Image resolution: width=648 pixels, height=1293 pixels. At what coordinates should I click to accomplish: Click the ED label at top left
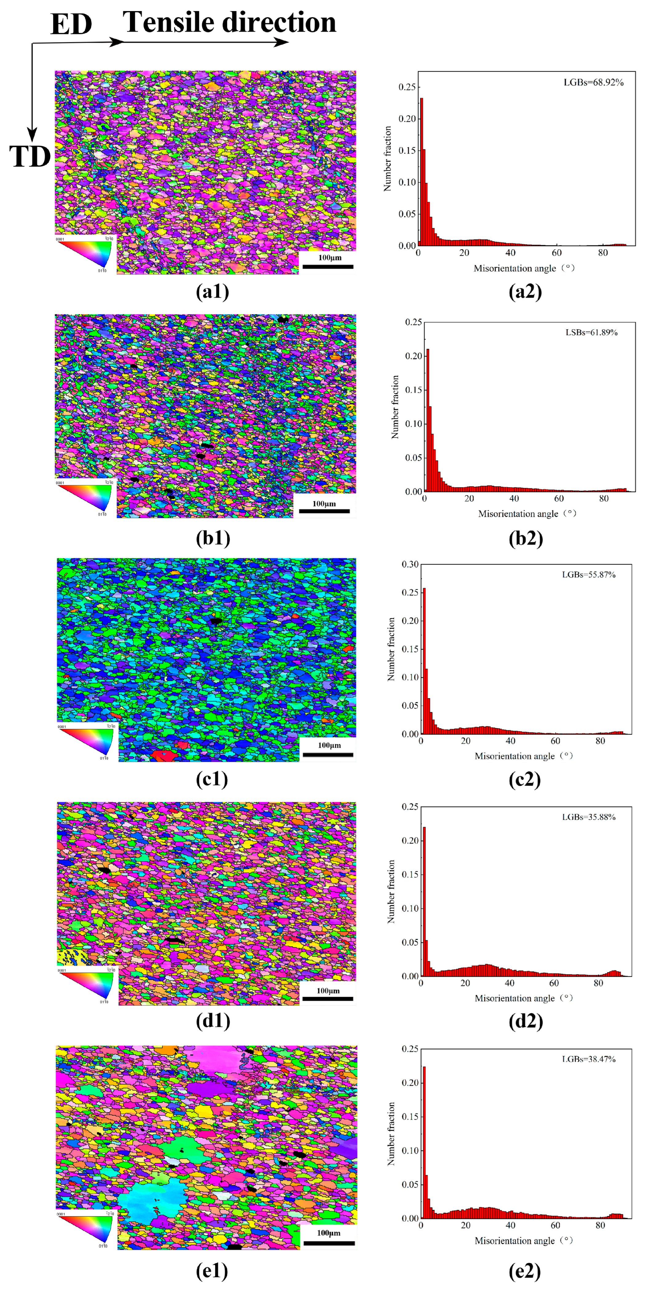coord(71,24)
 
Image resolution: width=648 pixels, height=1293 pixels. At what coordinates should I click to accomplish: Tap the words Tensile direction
coord(230,22)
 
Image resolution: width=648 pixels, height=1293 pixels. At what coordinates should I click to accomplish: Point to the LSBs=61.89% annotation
coord(591,332)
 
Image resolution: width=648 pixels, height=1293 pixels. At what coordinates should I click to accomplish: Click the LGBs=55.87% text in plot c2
coord(588,575)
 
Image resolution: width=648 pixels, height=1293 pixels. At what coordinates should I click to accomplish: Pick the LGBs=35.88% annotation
coord(588,817)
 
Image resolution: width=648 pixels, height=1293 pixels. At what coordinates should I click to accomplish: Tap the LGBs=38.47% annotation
coord(588,1059)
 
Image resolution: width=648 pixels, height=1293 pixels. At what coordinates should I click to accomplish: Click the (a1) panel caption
coord(212,292)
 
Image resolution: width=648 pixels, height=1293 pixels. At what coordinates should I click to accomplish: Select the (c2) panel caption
coord(525,779)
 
